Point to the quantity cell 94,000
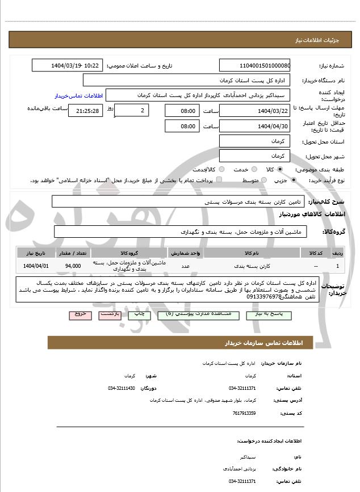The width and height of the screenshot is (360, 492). [x=73, y=266]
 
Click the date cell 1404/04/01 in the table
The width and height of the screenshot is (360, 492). [x=36, y=266]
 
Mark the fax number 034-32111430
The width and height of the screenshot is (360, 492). [x=122, y=388]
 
